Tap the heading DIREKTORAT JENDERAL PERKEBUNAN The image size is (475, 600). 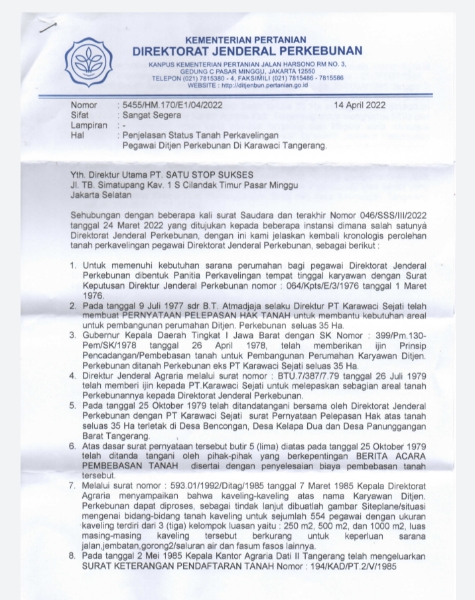point(247,52)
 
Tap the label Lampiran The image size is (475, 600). point(88,125)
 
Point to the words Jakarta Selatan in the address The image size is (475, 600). point(102,196)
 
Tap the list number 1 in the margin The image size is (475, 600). point(74,265)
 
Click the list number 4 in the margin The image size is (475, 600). point(74,376)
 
